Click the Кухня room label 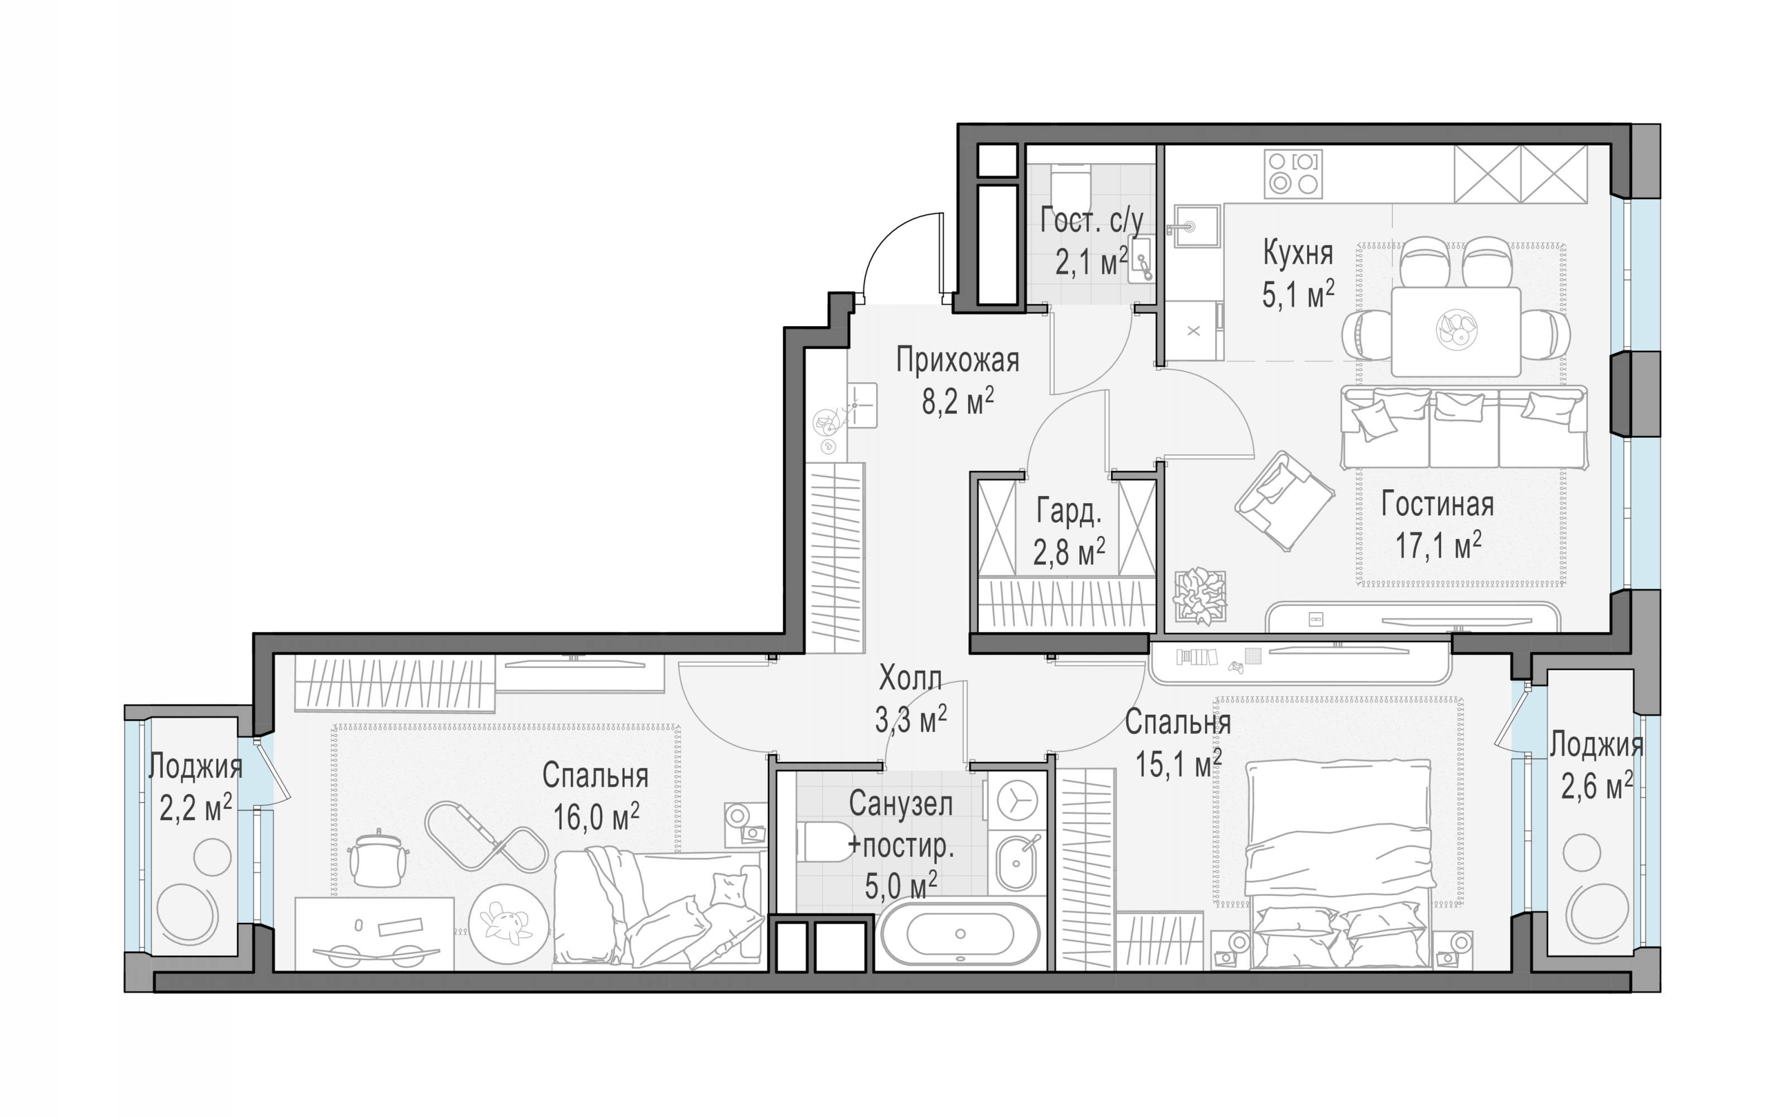pos(1298,254)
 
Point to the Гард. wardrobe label pos(1069,511)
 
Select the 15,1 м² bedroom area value pos(1178,763)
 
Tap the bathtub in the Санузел pos(960,934)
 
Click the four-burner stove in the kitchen pos(1293,174)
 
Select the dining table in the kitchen pos(1456,332)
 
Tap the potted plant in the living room pos(1199,595)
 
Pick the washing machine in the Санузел pos(1017,800)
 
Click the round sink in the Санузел pos(1017,863)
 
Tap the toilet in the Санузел pos(825,842)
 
